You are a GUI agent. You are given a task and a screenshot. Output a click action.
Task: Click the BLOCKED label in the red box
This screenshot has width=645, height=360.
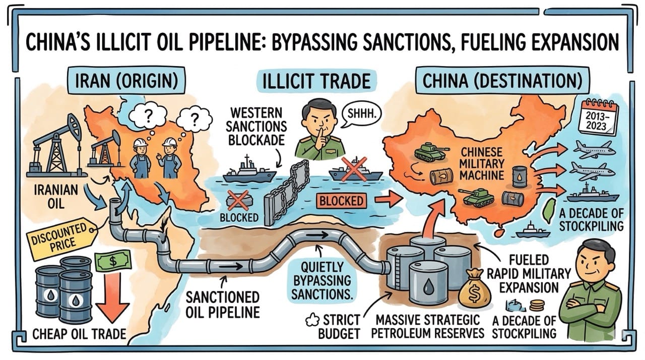coord(341,201)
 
